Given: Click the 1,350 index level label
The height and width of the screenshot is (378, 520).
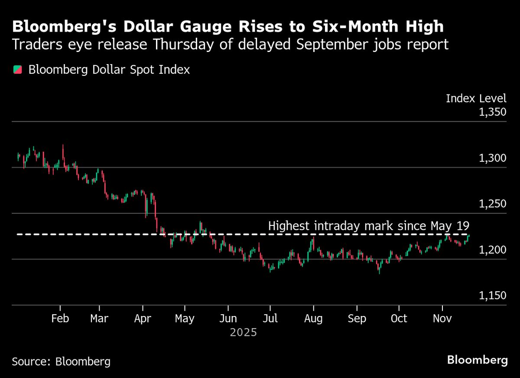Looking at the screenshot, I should (492, 112).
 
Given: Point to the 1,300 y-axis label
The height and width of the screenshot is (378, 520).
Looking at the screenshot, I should (492, 158).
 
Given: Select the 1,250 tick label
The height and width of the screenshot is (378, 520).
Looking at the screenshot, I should (492, 204).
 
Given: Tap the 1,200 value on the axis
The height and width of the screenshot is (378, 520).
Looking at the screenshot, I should (492, 250).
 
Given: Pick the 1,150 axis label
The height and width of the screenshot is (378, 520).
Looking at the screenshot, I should (492, 296).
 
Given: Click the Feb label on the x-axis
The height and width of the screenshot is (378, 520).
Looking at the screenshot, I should (60, 319).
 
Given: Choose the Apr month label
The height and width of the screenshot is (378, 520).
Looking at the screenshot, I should (143, 319).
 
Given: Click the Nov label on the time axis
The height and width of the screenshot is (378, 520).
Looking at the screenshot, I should (442, 319).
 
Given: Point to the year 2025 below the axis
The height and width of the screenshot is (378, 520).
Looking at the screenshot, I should (243, 333).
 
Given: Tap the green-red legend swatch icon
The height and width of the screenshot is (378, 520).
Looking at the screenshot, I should (18, 70).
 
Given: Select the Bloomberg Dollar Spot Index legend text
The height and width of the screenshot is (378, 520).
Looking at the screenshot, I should (109, 70).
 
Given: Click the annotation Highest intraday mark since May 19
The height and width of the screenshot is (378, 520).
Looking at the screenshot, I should (369, 226).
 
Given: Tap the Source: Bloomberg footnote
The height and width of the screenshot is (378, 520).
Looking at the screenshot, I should (61, 361).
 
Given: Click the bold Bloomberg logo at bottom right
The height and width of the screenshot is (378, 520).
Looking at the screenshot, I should (477, 360).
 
